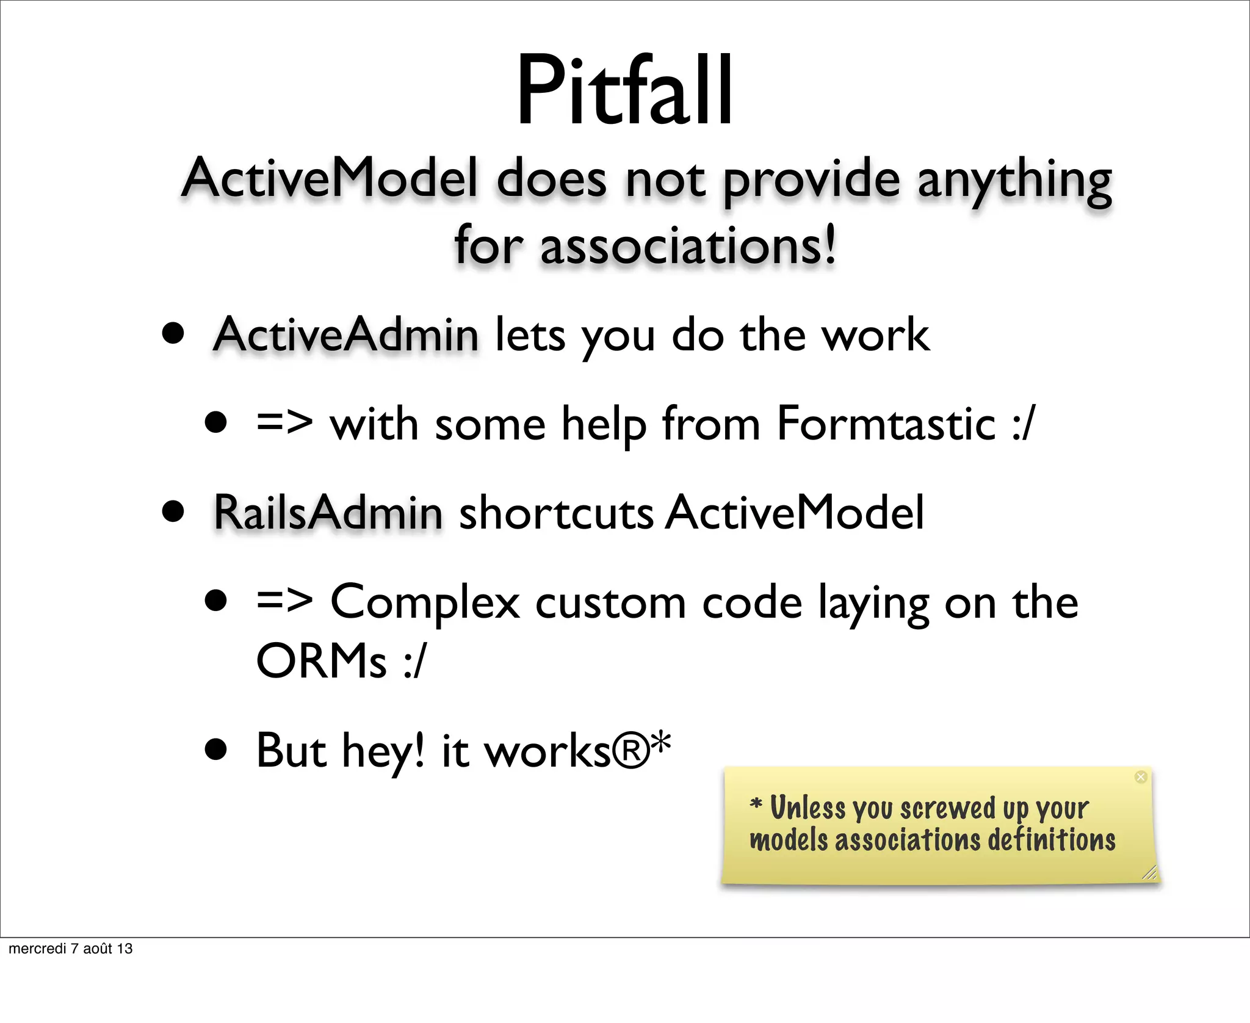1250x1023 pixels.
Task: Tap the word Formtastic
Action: pos(886,424)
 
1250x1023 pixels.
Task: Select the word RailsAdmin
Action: pos(328,513)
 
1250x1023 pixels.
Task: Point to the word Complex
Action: pos(425,602)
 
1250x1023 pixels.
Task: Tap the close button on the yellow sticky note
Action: pos(1140,777)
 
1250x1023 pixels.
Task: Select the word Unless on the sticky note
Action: pos(808,808)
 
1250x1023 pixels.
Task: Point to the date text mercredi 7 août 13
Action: pos(71,949)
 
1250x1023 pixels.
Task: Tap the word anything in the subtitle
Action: pos(1014,180)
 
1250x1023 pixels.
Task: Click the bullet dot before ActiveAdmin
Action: pos(173,335)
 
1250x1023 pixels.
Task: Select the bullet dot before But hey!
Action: pos(216,750)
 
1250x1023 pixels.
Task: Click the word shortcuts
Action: pos(556,513)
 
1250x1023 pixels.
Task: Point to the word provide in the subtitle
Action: pos(811,180)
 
